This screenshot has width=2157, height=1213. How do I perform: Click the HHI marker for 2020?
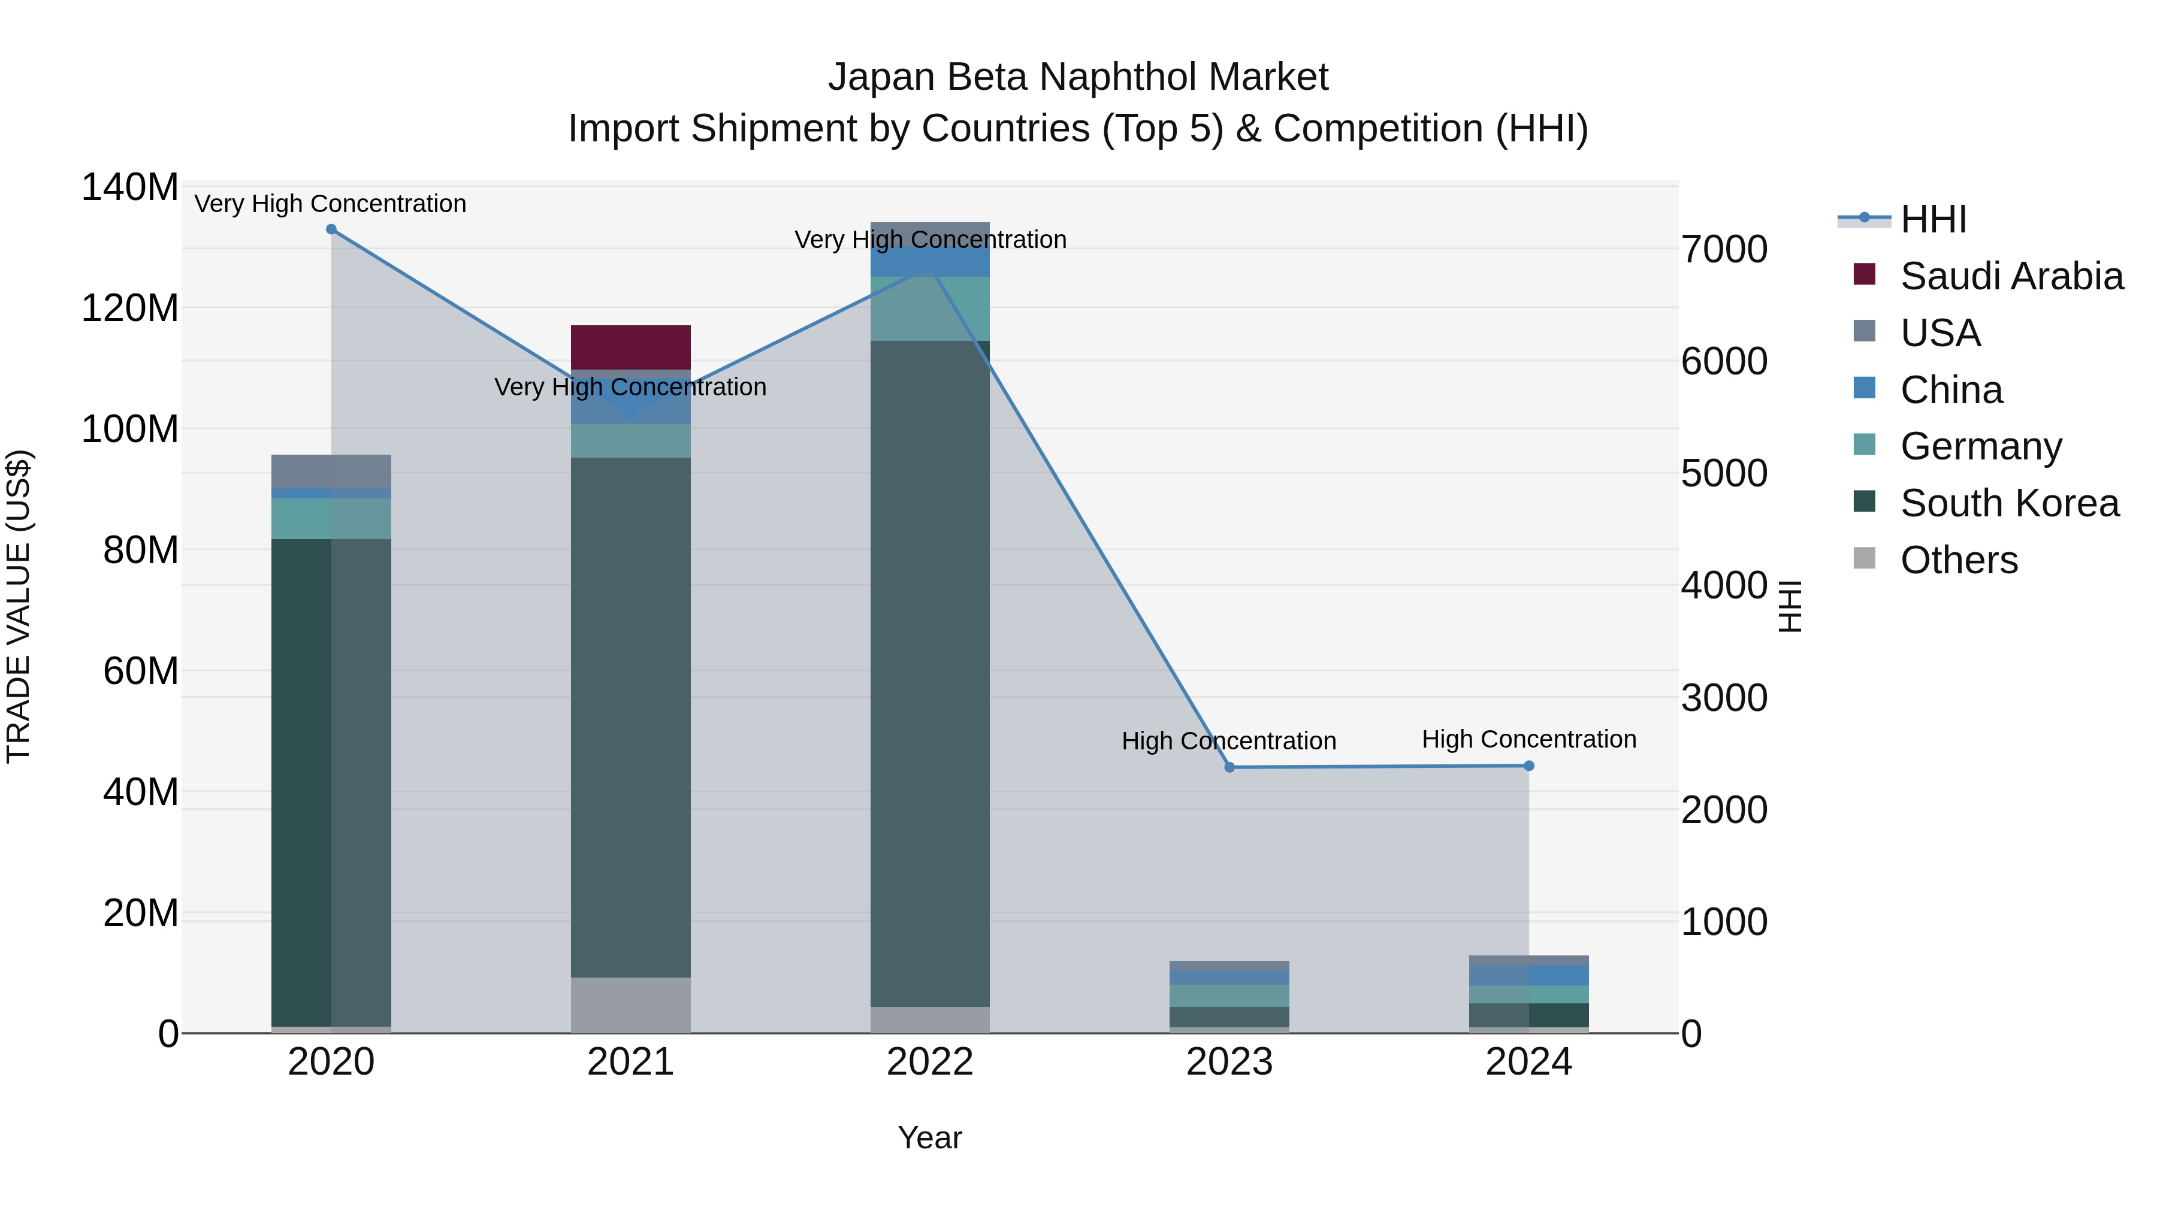331,229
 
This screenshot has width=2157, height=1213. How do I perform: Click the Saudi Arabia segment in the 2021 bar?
630,347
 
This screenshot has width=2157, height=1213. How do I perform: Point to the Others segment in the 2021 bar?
630,1004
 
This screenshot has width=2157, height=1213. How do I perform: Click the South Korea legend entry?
2009,503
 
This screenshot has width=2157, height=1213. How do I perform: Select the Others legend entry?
1959,559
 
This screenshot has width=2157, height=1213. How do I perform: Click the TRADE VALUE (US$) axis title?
19,606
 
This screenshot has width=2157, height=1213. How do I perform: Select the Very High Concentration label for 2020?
330,204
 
